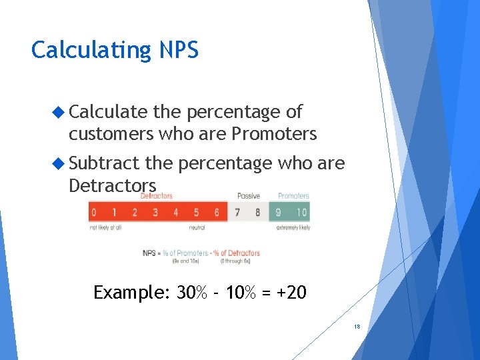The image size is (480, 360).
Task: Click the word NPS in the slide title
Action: point(179,50)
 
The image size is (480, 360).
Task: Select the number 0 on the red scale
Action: point(93,213)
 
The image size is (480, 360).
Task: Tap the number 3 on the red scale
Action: point(155,213)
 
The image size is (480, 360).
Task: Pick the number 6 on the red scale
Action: point(217,213)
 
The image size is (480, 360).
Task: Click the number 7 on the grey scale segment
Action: point(237,213)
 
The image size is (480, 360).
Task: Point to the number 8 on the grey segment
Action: point(257,213)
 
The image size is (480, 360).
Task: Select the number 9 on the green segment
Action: point(279,213)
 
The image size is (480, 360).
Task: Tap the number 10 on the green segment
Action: point(301,213)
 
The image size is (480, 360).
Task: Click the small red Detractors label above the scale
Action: point(157,196)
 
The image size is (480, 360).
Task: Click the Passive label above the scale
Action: point(248,196)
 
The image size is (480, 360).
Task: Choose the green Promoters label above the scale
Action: point(293,196)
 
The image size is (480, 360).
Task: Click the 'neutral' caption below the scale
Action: point(196,228)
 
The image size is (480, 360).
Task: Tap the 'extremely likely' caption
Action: point(293,228)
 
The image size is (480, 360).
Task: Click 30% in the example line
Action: point(191,293)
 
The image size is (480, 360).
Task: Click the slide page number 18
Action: point(357,327)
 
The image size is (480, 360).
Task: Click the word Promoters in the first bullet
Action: point(274,134)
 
